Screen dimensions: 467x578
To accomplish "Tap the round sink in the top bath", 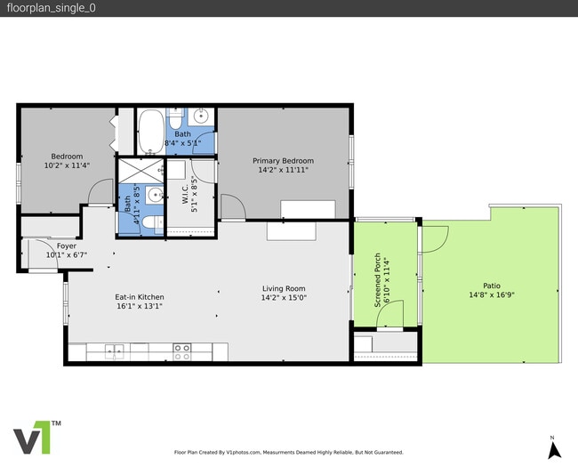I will (x=202, y=116).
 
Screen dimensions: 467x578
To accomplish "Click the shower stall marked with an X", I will (x=140, y=169).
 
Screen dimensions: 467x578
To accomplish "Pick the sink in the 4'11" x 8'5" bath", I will (x=155, y=196).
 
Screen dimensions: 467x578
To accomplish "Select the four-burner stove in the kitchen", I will (x=182, y=350).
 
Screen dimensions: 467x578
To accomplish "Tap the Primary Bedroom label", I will (x=283, y=161).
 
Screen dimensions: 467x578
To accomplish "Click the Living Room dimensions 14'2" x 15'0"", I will (x=284, y=298).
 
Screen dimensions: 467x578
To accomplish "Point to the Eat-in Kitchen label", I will (x=139, y=296).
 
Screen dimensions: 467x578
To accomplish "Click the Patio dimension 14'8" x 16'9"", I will (x=492, y=295).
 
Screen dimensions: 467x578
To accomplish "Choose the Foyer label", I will (x=67, y=246).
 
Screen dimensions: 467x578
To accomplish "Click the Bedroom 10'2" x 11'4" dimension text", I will (x=67, y=165).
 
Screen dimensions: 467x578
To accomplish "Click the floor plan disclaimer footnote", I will (x=288, y=452).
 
